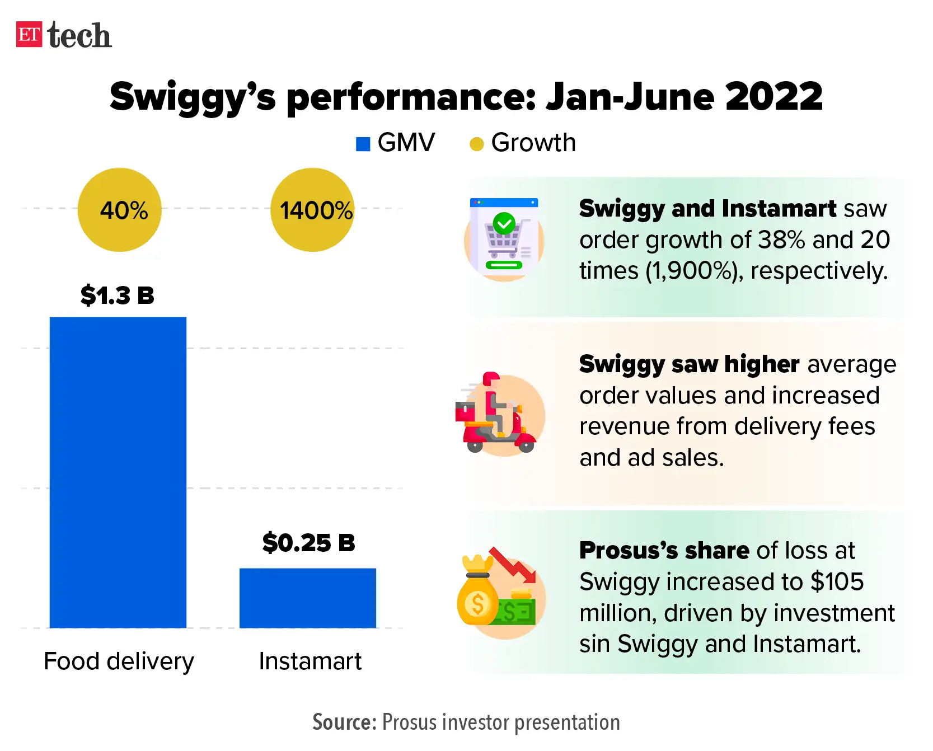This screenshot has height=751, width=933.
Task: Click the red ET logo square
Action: click(29, 35)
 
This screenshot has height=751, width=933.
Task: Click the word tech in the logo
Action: click(79, 36)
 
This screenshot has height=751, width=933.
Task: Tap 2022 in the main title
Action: click(773, 96)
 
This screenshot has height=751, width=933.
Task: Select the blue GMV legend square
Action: click(363, 144)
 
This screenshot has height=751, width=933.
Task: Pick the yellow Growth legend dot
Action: click(476, 144)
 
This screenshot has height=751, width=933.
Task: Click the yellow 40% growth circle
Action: click(120, 210)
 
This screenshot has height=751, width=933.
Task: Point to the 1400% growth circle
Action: click(312, 210)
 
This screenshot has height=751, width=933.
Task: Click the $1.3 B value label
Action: click(118, 295)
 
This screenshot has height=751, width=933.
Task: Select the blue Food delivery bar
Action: click(118, 473)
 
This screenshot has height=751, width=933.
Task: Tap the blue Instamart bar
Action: click(308, 598)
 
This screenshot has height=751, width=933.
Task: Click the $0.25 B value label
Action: click(309, 543)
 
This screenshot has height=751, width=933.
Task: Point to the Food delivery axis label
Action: click(119, 661)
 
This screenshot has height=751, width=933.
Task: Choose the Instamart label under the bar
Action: click(310, 661)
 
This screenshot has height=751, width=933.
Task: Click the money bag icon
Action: click(477, 596)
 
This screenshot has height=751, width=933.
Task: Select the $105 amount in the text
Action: click(837, 582)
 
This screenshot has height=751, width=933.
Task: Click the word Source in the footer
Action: click(344, 722)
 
